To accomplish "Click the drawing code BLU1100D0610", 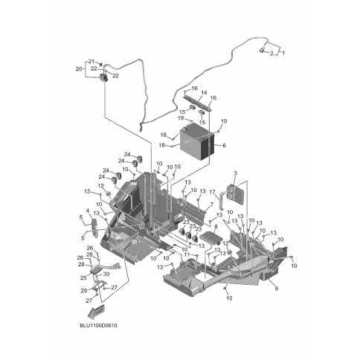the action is coord(98,326).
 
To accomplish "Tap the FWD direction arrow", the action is coord(96,312).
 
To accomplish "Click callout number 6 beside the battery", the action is coord(224,146).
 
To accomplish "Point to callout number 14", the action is coord(204,93).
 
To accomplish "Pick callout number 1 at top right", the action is coord(283,53).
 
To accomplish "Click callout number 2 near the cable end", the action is coord(271,54).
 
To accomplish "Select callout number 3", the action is coord(235,173).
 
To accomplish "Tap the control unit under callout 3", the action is coord(234,193).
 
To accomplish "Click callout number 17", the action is coord(213,192).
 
